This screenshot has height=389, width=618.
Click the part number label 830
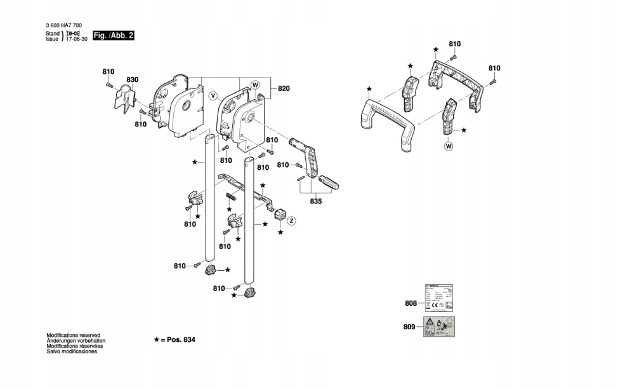(x=132, y=79)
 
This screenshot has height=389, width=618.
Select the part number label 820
(x=283, y=89)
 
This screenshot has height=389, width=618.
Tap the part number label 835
(x=316, y=201)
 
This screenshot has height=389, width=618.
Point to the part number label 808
(x=411, y=304)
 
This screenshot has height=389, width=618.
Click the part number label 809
(x=409, y=327)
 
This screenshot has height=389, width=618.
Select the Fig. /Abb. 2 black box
(x=114, y=36)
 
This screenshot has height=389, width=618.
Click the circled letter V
(x=213, y=97)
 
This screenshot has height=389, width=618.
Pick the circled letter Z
(x=292, y=221)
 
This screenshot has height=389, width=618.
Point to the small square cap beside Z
(x=279, y=214)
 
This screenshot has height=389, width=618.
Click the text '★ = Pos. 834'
(x=174, y=340)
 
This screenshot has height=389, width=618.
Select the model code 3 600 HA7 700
(x=63, y=25)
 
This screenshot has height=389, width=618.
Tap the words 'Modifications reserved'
(x=74, y=335)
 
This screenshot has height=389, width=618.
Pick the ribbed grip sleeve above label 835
(x=329, y=182)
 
